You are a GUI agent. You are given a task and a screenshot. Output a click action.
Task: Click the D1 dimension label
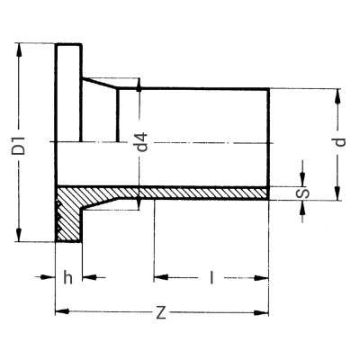pyautogui.click(x=18, y=141)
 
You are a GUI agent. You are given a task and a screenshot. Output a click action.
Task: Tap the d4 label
pyautogui.click(x=140, y=143)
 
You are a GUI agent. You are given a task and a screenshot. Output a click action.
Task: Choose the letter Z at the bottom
pyautogui.click(x=161, y=312)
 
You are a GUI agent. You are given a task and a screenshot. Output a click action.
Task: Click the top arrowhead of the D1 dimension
pyautogui.click(x=18, y=47)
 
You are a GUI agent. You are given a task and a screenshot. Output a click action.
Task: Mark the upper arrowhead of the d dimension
pyautogui.click(x=339, y=93)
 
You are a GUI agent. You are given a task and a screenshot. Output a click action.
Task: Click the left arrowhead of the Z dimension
pyautogui.click(x=59, y=312)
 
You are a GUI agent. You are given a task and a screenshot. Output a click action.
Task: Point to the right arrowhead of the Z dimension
pyautogui.click(x=266, y=312)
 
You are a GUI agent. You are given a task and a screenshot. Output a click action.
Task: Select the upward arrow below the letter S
pyautogui.click(x=302, y=206)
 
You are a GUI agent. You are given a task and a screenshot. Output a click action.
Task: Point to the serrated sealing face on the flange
pyautogui.click(x=58, y=216)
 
